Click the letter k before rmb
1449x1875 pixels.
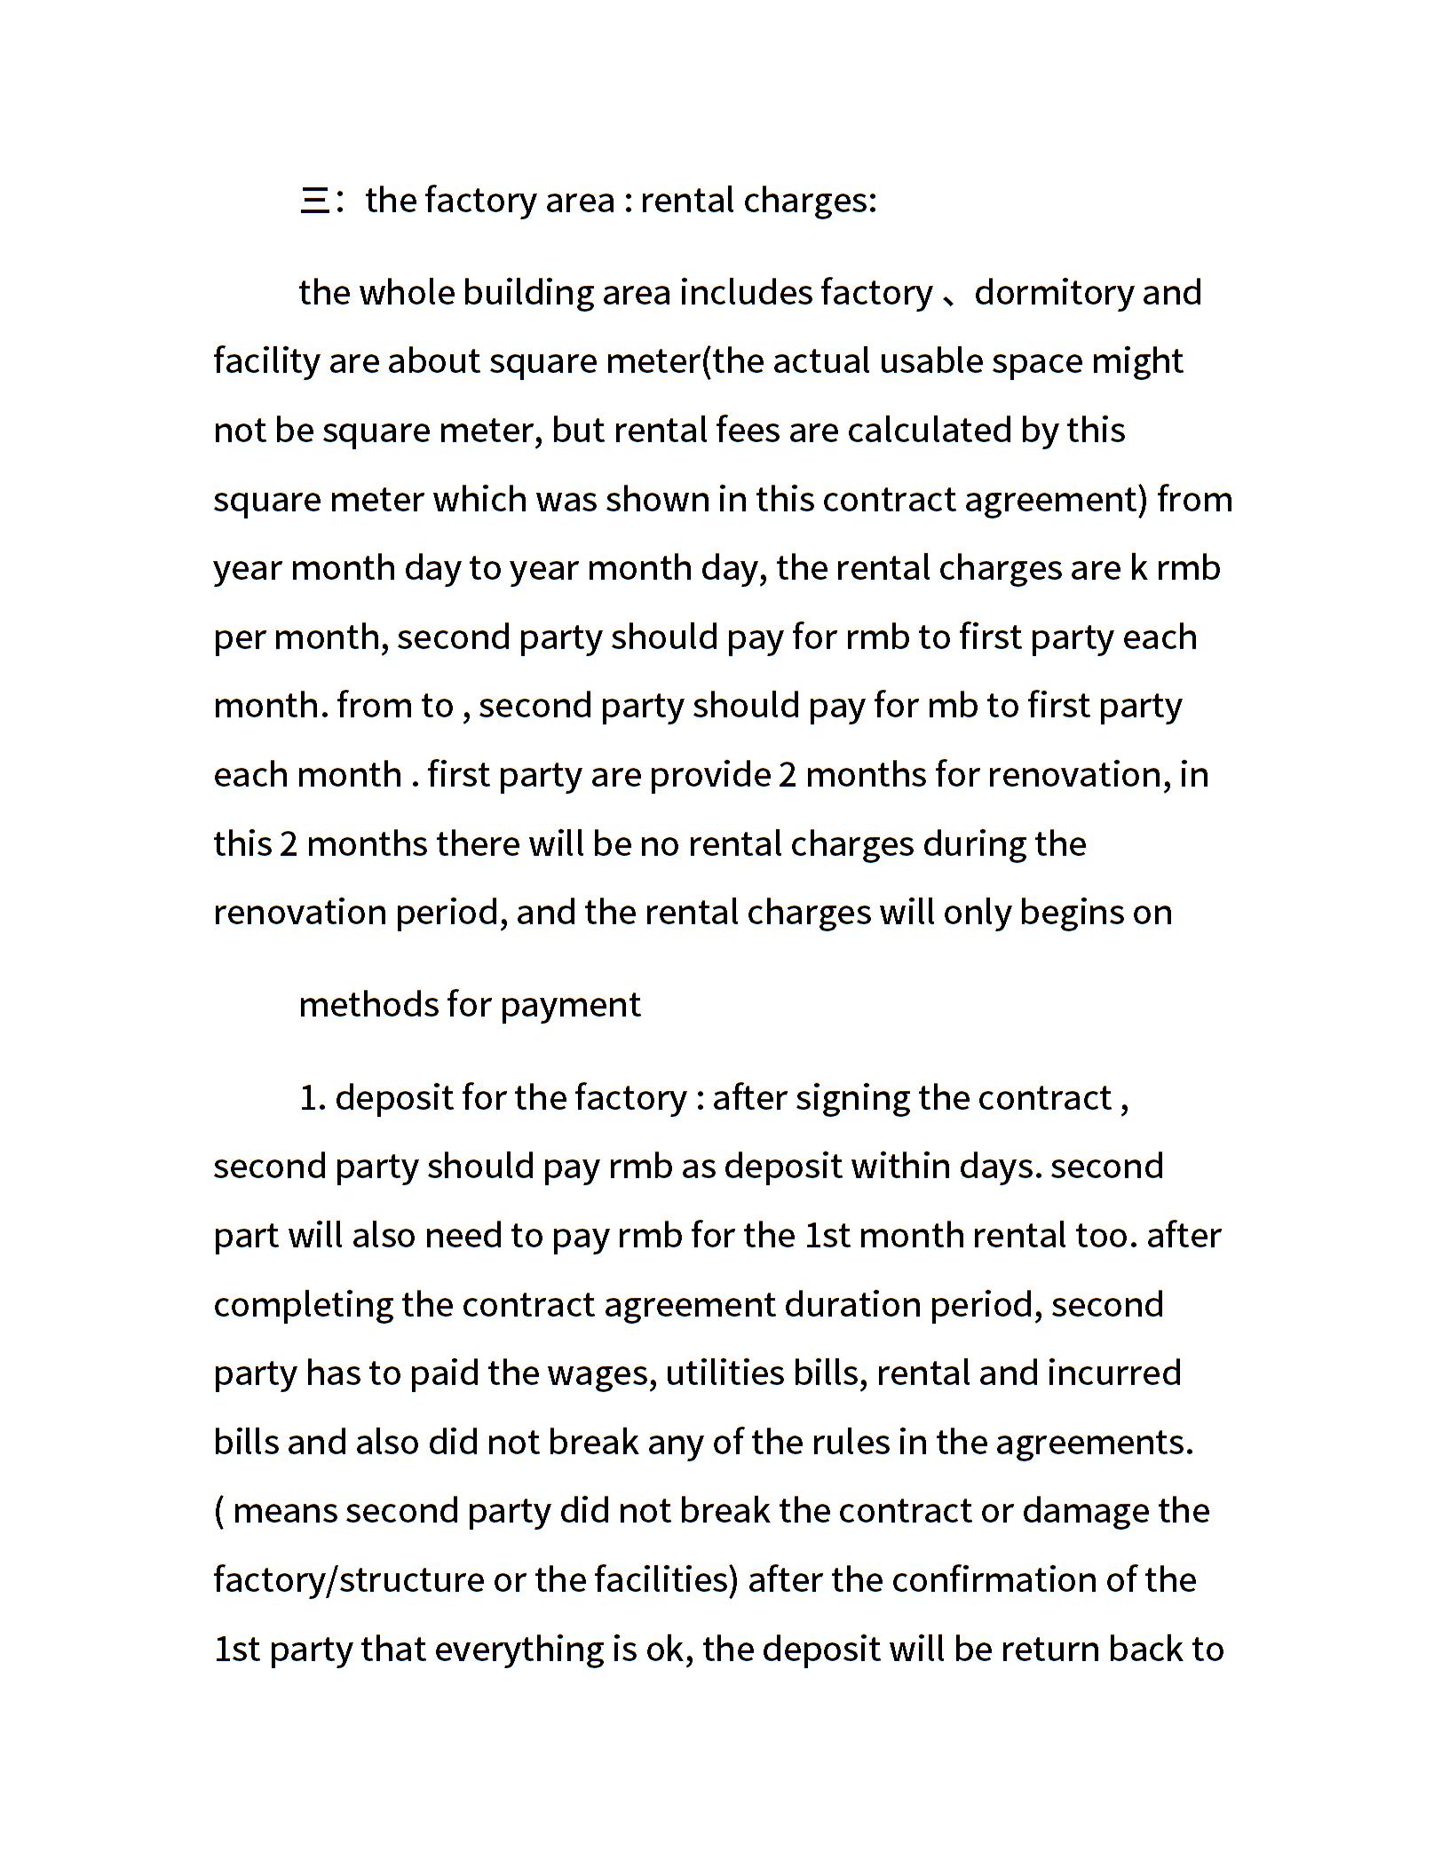click(1137, 568)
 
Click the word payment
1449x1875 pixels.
click(570, 1005)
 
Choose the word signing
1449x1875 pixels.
click(851, 1098)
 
